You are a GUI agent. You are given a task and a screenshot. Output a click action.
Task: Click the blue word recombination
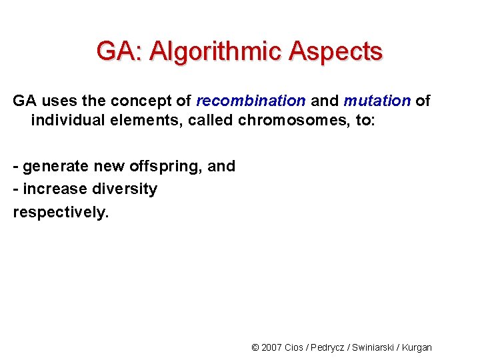click(x=251, y=101)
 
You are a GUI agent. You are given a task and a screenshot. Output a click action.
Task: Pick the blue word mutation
click(x=377, y=101)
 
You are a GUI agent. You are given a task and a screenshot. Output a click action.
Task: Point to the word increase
click(x=55, y=189)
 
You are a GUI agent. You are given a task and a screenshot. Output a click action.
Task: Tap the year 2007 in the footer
click(x=272, y=347)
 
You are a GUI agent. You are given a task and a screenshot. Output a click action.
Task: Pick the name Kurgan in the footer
click(x=418, y=347)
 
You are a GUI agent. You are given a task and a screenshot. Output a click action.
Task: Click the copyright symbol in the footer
click(x=255, y=347)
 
